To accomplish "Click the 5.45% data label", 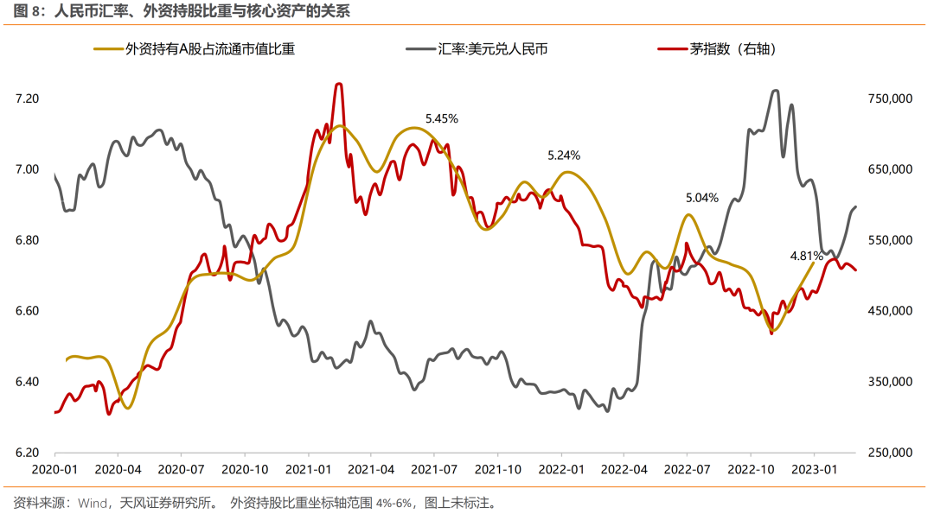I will tap(441, 118).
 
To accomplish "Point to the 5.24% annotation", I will tap(564, 155).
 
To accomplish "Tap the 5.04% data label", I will tap(701, 197).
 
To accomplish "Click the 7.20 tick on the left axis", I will tap(28, 99).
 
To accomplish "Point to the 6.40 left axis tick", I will tap(28, 382).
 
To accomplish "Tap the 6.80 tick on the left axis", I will tap(28, 240).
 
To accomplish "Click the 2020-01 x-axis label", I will tap(54, 470).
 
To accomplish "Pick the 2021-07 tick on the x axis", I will tap(434, 470).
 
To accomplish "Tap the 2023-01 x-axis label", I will tap(814, 470).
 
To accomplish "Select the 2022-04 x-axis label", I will tap(624, 470).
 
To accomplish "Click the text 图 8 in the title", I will tap(25, 11).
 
